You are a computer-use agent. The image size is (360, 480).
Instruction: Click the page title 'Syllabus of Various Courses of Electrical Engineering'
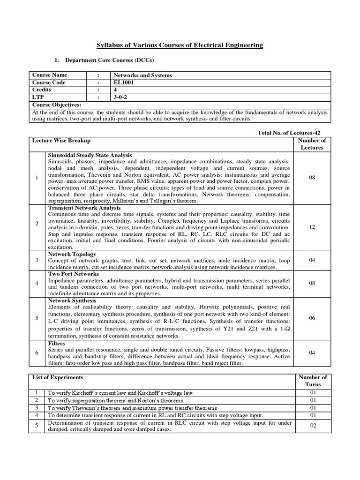pos(180,45)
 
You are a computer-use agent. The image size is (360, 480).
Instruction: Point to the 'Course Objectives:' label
pos(57,105)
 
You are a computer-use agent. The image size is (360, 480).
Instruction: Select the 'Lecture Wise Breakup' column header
pos(61,141)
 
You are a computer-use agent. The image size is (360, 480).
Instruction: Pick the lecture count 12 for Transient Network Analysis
pos(312,227)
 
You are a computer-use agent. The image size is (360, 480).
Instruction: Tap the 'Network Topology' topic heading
pos(72,254)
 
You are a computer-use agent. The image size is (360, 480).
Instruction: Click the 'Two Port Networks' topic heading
pos(74,273)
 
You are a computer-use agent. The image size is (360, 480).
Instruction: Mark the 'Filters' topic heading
pos(57,344)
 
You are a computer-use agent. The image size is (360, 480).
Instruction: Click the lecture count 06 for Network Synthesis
pos(312,318)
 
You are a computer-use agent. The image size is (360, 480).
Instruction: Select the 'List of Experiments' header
pos(58,377)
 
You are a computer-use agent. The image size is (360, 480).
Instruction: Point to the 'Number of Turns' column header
pos(312,381)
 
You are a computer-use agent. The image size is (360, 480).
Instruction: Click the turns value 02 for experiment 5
pos(312,426)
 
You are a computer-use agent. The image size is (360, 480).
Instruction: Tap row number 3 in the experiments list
pos(37,408)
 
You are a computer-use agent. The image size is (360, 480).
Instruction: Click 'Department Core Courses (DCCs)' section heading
pos(109,60)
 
